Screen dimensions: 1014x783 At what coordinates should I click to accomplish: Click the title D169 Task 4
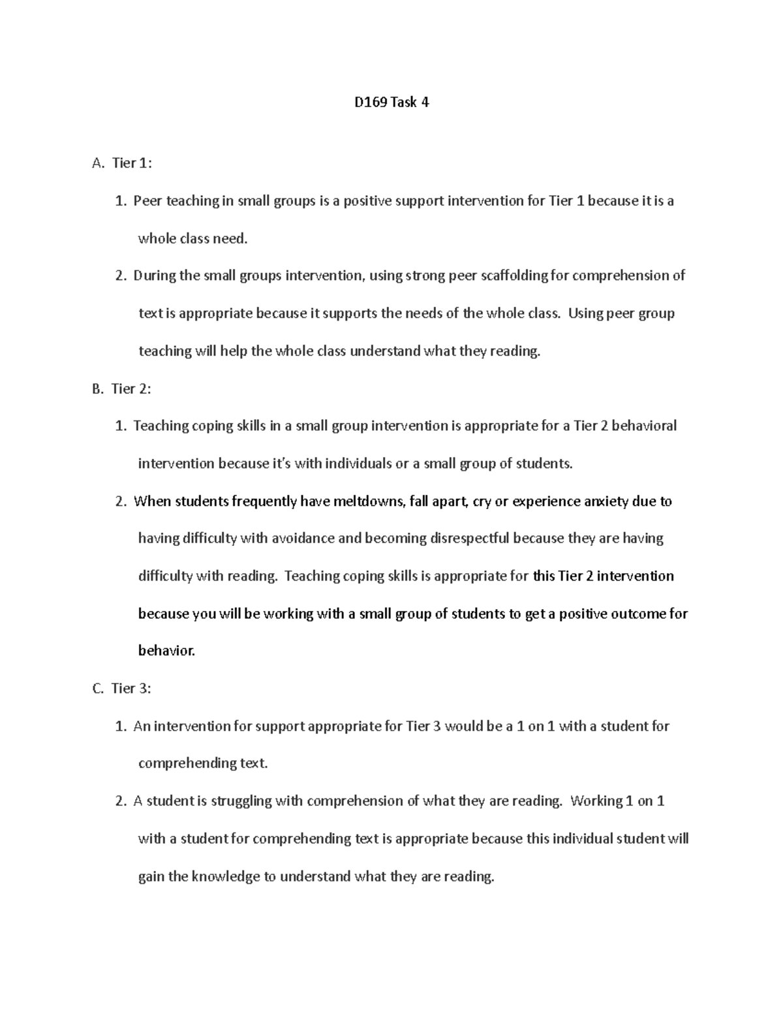click(x=391, y=103)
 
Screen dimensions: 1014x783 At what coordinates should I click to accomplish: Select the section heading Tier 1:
click(x=132, y=163)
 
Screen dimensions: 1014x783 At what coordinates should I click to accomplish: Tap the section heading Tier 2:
click(x=131, y=389)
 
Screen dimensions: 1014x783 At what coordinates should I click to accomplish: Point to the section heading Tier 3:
click(x=131, y=689)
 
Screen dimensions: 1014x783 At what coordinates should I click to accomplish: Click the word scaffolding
click(x=515, y=276)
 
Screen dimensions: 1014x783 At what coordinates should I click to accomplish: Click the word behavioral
click(x=644, y=426)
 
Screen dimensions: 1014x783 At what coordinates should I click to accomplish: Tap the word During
click(x=154, y=276)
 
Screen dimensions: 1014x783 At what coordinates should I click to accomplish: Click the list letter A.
click(x=98, y=163)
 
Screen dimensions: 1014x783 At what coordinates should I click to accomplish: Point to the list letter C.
click(x=98, y=689)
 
